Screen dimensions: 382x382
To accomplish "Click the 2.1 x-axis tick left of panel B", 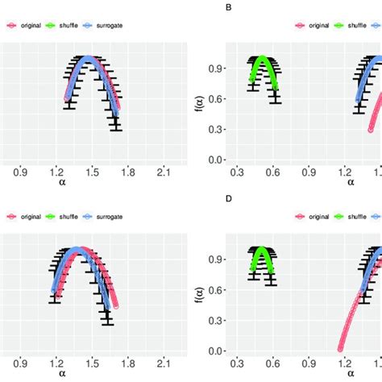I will (164, 172).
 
